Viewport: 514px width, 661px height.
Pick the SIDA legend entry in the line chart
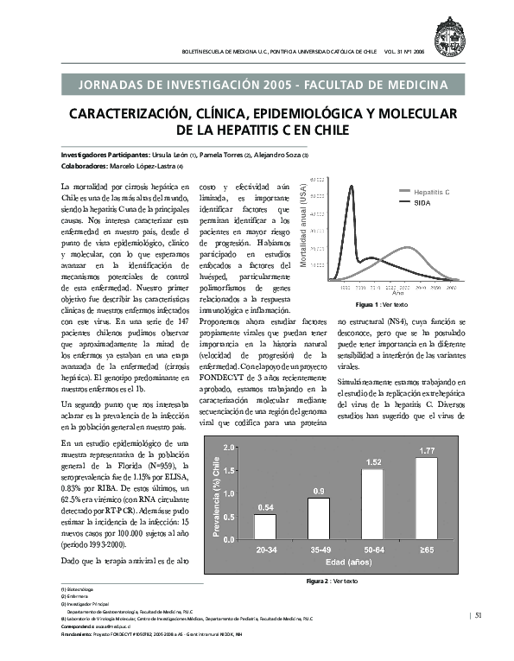tap(422, 200)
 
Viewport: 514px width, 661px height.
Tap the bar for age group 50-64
tap(372, 505)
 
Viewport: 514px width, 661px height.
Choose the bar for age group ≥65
tap(427, 499)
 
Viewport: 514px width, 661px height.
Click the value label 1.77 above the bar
tap(427, 451)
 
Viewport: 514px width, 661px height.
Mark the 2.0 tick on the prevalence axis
tap(229, 448)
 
